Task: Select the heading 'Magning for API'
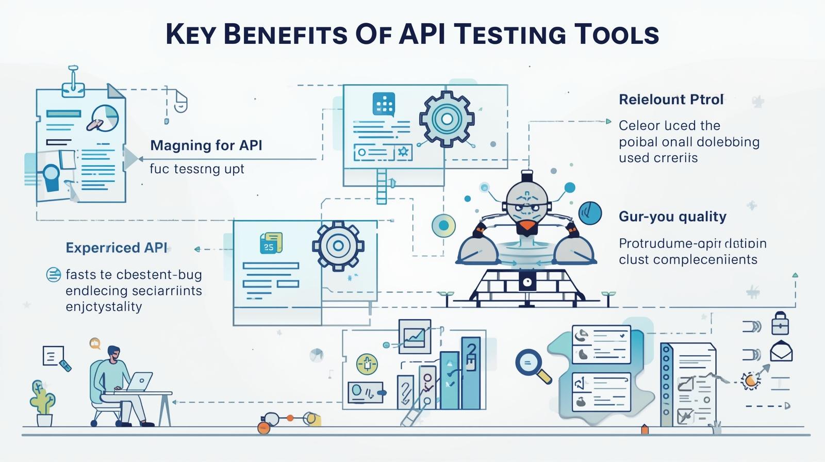pos(206,145)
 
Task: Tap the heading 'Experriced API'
pos(117,248)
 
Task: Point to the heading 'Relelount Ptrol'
pos(671,100)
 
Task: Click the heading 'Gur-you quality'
pos(672,217)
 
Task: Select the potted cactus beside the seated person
pos(43,400)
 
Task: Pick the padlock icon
pos(780,324)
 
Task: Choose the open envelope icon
pos(781,352)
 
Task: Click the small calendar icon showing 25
pos(270,243)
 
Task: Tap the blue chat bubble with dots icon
pos(384,104)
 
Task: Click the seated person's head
pos(114,353)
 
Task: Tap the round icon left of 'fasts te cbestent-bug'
pos(54,275)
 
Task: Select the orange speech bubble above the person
pos(94,342)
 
